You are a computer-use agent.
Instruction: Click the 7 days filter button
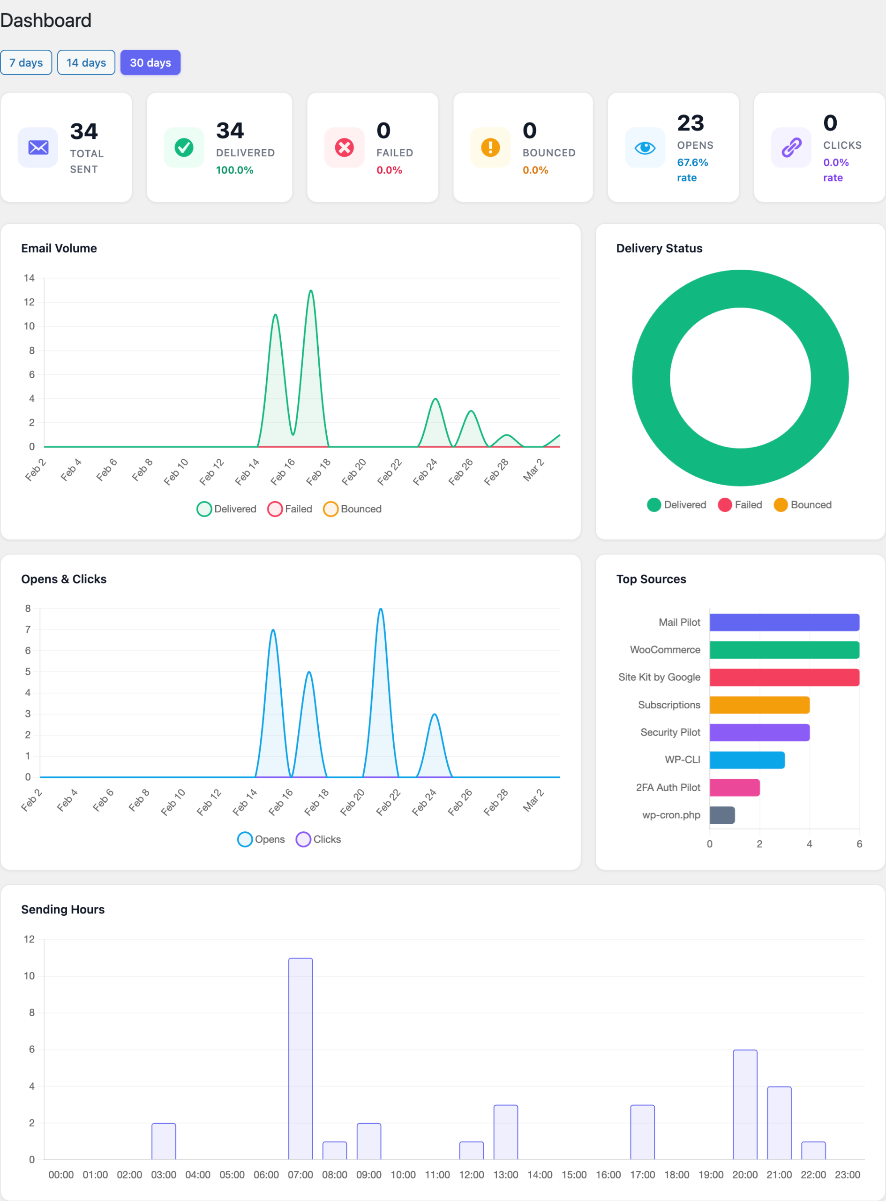26,63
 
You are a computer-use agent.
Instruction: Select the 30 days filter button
150,63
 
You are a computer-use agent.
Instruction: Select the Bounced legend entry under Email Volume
353,509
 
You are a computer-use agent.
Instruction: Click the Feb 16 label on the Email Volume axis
283,471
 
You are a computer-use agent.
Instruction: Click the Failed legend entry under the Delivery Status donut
740,505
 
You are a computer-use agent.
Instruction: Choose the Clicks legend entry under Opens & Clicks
319,839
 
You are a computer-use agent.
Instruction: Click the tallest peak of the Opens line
380,609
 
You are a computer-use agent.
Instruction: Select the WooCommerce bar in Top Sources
784,650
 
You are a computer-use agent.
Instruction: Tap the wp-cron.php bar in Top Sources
722,815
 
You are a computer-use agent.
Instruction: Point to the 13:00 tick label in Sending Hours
505,1175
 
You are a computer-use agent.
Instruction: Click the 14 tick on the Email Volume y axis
29,278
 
